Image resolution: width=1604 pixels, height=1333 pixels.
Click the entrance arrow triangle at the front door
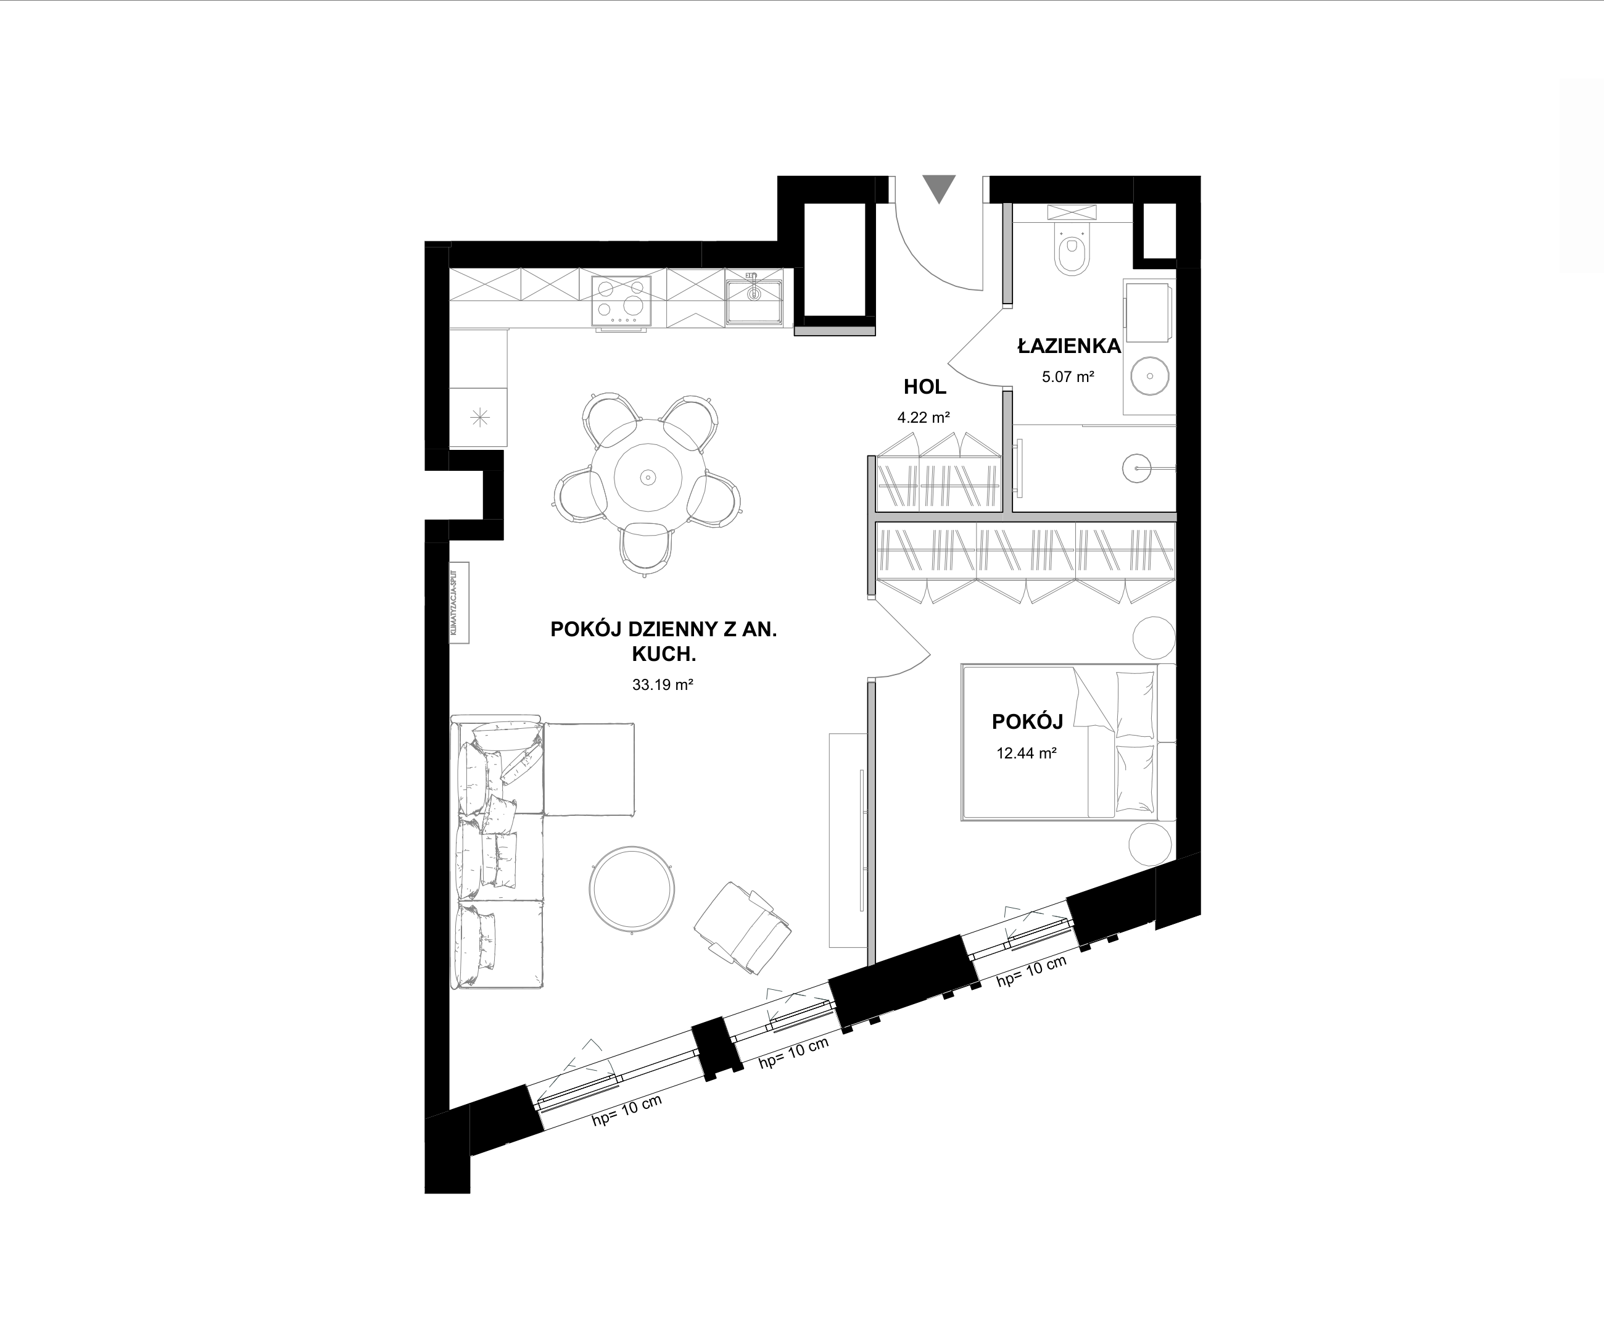tap(939, 187)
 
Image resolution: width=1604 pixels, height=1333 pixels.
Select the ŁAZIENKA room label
tap(1069, 346)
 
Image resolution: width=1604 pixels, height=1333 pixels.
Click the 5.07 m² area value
tap(1068, 376)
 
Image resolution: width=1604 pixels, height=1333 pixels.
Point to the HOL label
tap(924, 388)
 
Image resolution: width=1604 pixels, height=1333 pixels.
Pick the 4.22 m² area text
tap(924, 418)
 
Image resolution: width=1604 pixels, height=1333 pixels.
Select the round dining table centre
tap(648, 478)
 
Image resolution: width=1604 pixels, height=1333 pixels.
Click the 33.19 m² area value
tap(662, 684)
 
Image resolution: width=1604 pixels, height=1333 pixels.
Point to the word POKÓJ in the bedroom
tap(1027, 722)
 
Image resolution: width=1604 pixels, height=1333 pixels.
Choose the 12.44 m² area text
tap(1026, 753)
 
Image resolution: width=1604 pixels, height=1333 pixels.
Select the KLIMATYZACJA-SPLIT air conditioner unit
tap(458, 603)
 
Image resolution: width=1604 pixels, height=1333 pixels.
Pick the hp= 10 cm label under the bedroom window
tap(1031, 972)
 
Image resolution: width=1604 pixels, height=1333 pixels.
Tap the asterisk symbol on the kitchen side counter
tap(479, 417)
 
